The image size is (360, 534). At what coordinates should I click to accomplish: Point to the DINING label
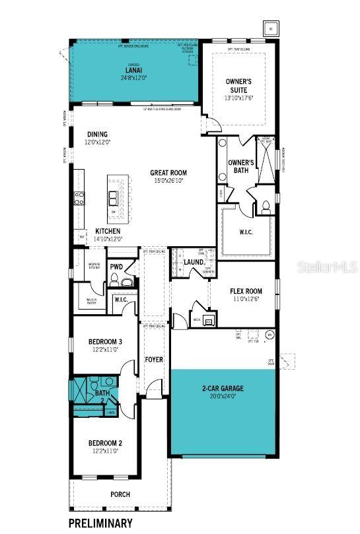click(97, 134)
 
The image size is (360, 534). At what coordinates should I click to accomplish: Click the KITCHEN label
click(108, 231)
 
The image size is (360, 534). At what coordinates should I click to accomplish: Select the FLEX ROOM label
click(246, 291)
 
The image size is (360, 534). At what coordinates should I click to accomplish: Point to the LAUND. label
click(193, 262)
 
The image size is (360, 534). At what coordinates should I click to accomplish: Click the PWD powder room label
click(116, 267)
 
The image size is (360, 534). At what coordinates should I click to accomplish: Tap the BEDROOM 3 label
click(106, 341)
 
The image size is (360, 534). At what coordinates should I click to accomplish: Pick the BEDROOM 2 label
click(106, 443)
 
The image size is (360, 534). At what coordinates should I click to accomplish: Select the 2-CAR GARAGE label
click(222, 389)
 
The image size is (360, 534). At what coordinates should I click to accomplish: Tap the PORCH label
click(120, 494)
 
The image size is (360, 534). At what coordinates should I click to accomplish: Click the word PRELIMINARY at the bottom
click(100, 523)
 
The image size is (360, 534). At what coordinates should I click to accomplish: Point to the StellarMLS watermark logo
click(329, 268)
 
